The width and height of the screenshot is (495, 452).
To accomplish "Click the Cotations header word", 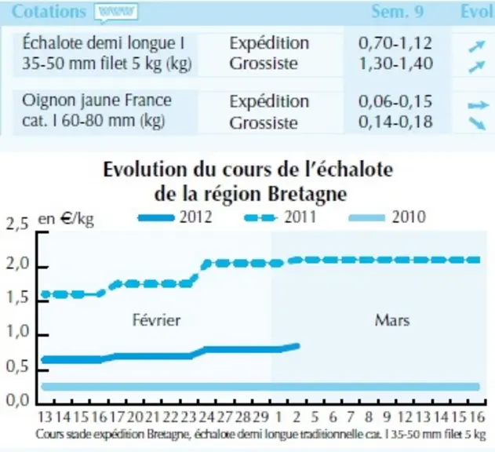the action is pos(49,12).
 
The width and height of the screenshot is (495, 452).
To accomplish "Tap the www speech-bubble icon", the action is pos(116,13).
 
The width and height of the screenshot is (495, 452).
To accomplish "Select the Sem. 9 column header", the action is pos(398,12).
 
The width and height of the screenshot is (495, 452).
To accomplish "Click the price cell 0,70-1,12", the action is pos(395,43).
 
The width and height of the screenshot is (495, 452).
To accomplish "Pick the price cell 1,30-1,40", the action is pos(396,64).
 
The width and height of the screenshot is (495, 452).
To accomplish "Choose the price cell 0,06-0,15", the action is pos(395,101).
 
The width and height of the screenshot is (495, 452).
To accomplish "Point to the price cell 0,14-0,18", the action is pos(395,122).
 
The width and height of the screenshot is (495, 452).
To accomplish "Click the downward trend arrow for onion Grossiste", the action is pos(477,123).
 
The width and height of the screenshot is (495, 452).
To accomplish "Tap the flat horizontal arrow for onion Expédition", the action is pos(479,105).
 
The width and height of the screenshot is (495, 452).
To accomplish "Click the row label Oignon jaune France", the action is pos(96,100).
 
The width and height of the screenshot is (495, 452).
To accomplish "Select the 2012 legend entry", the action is pos(175,217).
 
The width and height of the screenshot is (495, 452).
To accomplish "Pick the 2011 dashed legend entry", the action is pos(281,217).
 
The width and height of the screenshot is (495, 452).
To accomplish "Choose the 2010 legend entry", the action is pos(388,217).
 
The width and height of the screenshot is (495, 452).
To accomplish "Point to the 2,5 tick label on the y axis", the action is pos(17,224).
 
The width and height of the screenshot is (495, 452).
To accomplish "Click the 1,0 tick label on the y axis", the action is pos(17,332).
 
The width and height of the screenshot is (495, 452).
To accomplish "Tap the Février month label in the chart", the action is pos(156,320).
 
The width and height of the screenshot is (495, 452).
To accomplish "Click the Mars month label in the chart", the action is pos(392,321).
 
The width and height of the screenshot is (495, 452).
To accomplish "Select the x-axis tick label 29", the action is pos(260,417).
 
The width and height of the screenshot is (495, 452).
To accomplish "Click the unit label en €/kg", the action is pos(66,219).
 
